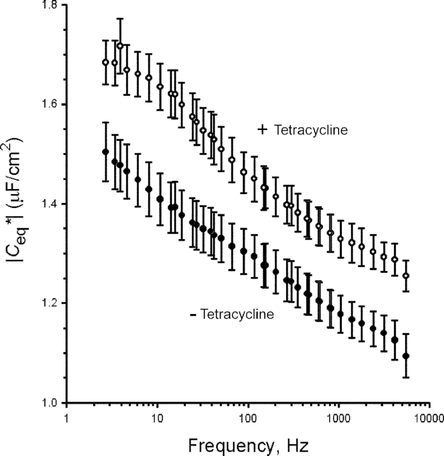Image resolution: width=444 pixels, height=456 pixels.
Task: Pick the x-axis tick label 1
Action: (66, 419)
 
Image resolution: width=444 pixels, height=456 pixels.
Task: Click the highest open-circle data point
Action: (120, 46)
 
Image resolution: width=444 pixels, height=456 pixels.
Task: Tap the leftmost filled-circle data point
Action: (106, 152)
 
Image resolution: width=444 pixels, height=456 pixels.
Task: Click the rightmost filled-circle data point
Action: (406, 356)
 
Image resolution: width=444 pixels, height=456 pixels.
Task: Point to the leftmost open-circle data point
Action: (106, 62)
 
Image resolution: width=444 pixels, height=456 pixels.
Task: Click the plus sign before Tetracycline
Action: (261, 129)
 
